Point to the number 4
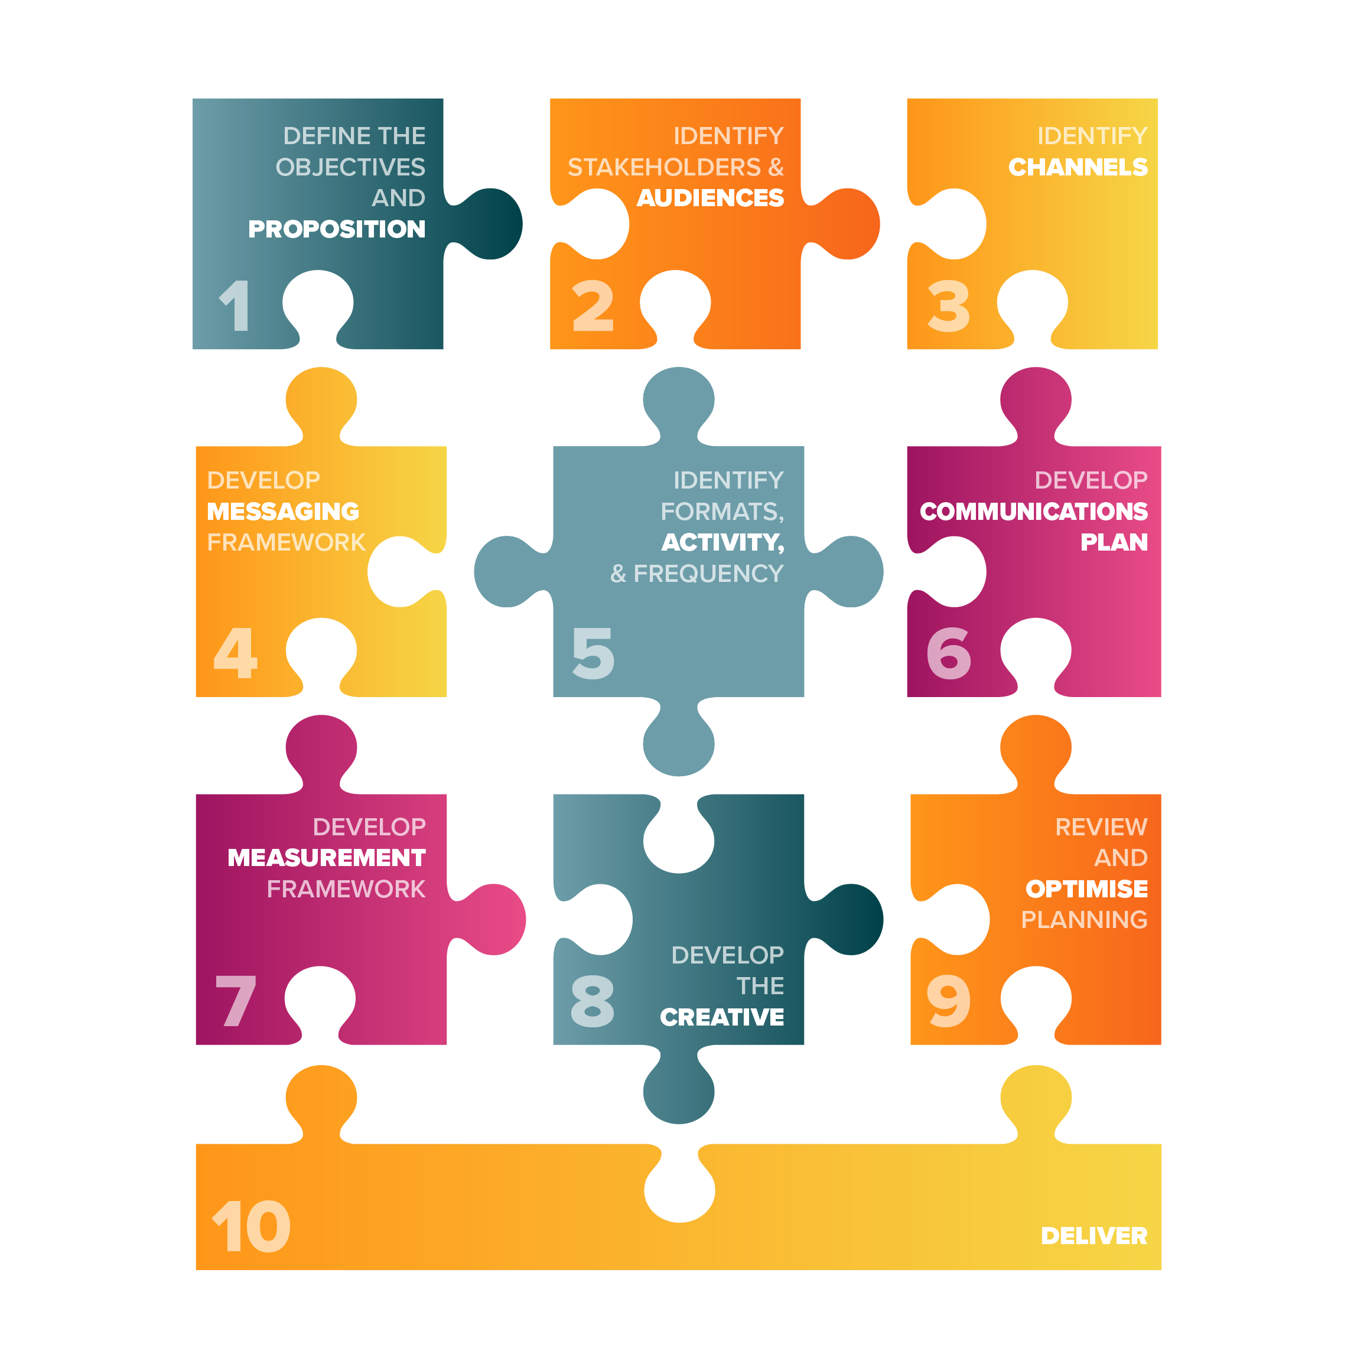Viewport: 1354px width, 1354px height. pos(236,653)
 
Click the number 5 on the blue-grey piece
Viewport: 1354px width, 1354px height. pos(593,653)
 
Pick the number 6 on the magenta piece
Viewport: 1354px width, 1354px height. pos(949,653)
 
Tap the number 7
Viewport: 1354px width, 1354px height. pos(236,1001)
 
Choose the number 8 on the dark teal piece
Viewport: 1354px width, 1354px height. pos(593,1001)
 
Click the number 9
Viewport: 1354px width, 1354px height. pos(949,1001)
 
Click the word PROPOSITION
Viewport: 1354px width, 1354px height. pos(336,229)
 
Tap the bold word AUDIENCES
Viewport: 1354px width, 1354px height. pos(710,198)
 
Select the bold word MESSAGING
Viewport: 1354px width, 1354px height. pos(283,512)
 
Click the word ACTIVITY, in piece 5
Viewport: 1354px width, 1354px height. pos(722,542)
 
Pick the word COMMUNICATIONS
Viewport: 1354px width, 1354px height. pos(1034,512)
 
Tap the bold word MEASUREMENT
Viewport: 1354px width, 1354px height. pos(327,858)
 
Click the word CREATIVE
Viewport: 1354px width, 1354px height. pos(722,1017)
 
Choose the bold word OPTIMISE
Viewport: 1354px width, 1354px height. pos(1086,888)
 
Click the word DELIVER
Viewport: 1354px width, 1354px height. pos(1094,1236)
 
